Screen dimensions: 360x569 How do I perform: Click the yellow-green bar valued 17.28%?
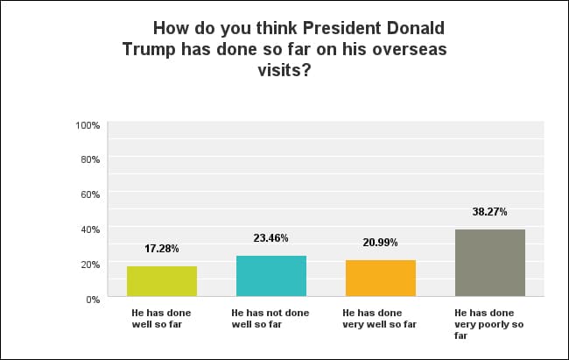162,282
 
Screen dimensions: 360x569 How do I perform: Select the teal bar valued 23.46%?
271,277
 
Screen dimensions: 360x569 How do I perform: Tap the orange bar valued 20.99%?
381,279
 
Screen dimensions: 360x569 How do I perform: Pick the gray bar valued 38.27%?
490,264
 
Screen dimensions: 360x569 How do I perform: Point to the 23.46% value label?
271,238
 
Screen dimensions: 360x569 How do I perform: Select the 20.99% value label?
381,243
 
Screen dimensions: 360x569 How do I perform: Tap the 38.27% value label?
490,212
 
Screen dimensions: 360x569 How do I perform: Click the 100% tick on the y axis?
88,125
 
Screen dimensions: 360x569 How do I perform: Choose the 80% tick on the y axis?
91,159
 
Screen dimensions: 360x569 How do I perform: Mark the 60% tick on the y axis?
91,194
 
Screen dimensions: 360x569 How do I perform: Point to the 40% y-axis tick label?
91,229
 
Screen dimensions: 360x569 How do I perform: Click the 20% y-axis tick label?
91,265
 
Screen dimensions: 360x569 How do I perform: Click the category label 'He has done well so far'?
154,318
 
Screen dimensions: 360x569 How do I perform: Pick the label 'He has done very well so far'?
379,318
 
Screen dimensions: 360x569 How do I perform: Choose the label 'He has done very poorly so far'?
488,323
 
